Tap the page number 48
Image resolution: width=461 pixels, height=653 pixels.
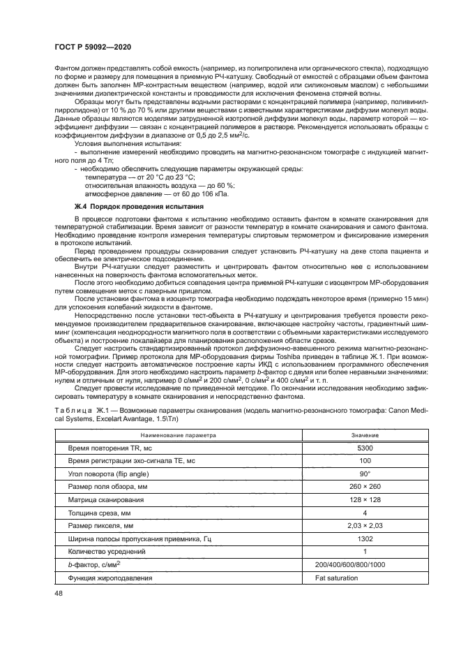pyautogui.click(x=59, y=592)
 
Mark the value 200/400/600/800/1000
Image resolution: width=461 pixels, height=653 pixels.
pyautogui.click(x=349, y=565)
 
